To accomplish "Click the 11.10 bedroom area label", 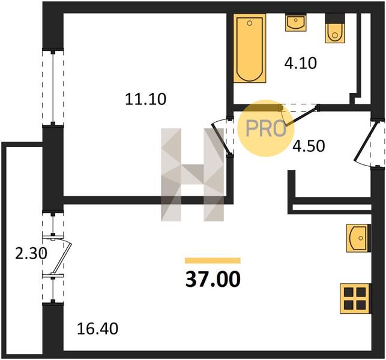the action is click(146, 100).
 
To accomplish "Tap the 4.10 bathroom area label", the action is click(300, 63).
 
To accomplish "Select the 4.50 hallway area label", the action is click(309, 146).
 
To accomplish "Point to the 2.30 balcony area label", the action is click(31, 254).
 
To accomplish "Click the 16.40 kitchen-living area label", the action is click(97, 329).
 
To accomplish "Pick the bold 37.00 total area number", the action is click(213, 280).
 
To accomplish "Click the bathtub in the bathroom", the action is click(250, 48).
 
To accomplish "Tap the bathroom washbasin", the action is click(296, 22).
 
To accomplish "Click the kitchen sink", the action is click(358, 238).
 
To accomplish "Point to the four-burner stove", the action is click(355, 298).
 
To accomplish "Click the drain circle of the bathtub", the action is click(250, 23).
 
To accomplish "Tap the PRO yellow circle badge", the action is click(265, 128).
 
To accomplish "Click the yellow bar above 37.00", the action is click(213, 260).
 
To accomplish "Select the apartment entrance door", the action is click(366, 142).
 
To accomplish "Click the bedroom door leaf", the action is click(221, 140).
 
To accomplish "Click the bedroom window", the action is click(53, 88).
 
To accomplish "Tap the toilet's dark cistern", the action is click(334, 19).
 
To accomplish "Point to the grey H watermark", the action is click(192, 175).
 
